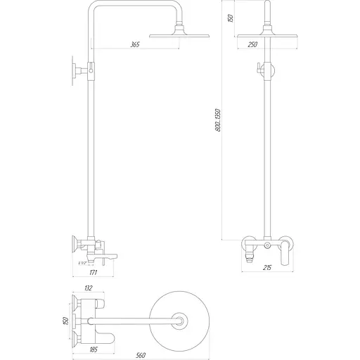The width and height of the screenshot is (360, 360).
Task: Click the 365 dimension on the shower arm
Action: point(135,44)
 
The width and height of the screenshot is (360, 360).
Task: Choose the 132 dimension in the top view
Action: point(88,288)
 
